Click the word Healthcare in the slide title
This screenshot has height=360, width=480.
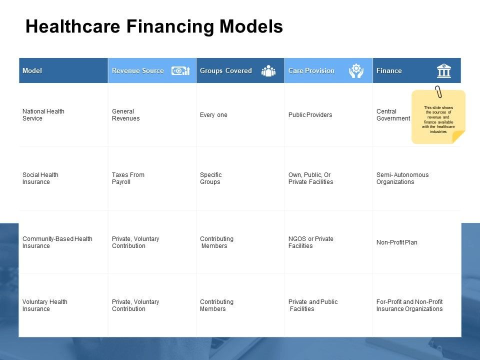point(73,26)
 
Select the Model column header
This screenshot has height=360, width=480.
point(32,70)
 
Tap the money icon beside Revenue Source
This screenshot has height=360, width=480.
point(180,70)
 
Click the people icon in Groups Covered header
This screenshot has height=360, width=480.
point(268,70)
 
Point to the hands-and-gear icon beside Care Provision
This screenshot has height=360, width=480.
point(356,70)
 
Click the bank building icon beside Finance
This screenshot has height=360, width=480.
point(444,70)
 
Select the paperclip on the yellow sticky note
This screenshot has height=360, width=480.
point(438,91)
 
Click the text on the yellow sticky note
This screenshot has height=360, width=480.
point(438,119)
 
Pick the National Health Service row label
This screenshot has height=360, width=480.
point(43,115)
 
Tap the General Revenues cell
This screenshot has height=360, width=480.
point(126,115)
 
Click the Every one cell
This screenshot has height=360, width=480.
point(213,115)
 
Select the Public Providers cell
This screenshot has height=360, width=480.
point(310,115)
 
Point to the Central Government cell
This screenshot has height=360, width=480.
point(393,115)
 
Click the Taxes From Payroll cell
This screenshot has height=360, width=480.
point(128,178)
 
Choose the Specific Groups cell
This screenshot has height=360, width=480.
point(210,178)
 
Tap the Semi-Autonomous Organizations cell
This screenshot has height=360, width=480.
point(402,178)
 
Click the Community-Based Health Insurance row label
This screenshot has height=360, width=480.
point(57,242)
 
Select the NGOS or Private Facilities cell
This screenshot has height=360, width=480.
point(310,242)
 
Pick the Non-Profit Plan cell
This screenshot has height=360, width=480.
point(396,242)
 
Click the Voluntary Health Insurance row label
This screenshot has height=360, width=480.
point(44,305)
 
